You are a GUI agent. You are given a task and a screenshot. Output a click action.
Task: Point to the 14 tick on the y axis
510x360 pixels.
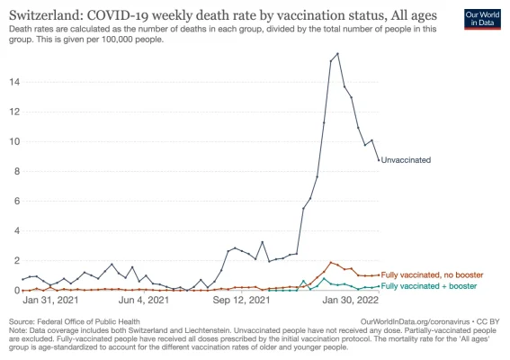pyautogui.click(x=13, y=82)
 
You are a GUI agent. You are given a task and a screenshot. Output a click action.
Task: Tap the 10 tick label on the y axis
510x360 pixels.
pyautogui.click(x=13, y=141)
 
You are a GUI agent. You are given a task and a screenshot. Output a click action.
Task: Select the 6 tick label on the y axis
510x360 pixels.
pyautogui.click(x=16, y=201)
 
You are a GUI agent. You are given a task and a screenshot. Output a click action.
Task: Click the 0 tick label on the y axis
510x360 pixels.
pyautogui.click(x=16, y=290)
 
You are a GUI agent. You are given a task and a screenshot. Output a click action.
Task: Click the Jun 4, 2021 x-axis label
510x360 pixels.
pyautogui.click(x=143, y=301)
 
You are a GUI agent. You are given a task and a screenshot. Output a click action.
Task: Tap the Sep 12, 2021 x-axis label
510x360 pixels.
pyautogui.click(x=242, y=301)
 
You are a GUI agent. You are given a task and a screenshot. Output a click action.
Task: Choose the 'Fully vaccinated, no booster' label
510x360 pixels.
pyautogui.click(x=432, y=274)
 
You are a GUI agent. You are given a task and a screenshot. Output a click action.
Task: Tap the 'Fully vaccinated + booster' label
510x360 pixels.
pyautogui.click(x=428, y=285)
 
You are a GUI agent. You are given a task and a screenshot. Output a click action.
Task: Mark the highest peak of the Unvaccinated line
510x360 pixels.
pyautogui.click(x=337, y=54)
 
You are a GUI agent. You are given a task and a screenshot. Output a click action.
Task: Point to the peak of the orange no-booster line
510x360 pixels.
pyautogui.click(x=331, y=262)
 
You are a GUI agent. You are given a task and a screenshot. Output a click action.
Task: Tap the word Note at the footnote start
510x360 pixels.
pyautogui.click(x=18, y=329)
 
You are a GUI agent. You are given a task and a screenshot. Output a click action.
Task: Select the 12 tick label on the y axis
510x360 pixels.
pyautogui.click(x=13, y=112)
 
